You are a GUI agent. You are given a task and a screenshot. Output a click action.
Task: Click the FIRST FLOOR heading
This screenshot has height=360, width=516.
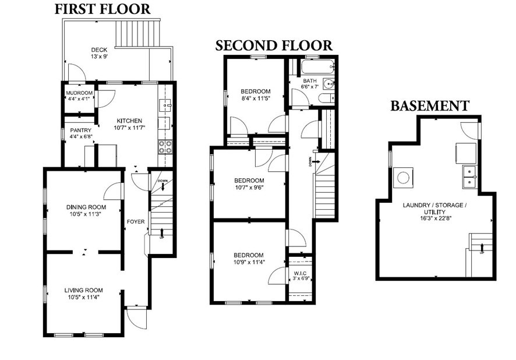pyautogui.click(x=103, y=9)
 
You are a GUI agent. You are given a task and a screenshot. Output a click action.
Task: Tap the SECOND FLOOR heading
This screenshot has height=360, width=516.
pyautogui.click(x=274, y=45)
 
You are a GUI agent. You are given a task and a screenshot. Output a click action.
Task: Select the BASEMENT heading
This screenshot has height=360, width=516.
pyautogui.click(x=429, y=106)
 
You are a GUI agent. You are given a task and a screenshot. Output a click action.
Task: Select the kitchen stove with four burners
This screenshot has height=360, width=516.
pyautogui.click(x=165, y=147)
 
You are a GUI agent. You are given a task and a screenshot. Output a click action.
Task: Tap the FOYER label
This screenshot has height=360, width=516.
pyautogui.click(x=136, y=221)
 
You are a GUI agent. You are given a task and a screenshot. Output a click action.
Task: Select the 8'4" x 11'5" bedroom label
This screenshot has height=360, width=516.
pyautogui.click(x=256, y=95)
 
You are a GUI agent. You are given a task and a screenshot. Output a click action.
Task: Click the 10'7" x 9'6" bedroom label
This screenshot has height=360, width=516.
pyautogui.click(x=249, y=184)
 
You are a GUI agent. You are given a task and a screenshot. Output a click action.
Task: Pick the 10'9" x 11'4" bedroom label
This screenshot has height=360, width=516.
pyautogui.click(x=249, y=259)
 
